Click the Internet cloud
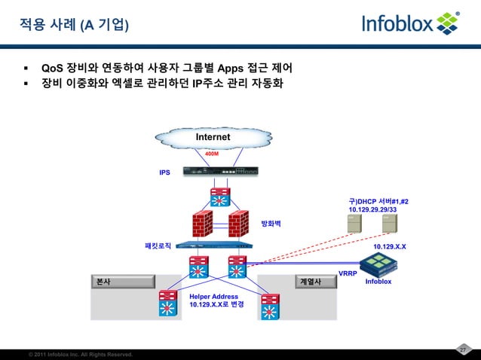click(213, 138)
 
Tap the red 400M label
click(212, 154)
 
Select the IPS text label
click(164, 172)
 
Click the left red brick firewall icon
click(202, 223)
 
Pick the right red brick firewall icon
click(238, 223)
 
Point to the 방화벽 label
click(271, 224)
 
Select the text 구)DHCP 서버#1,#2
click(378, 201)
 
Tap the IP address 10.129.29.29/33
click(372, 209)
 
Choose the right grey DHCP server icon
click(389, 224)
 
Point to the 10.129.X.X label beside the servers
click(390, 246)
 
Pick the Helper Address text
click(213, 297)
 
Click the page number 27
click(464, 349)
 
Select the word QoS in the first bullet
click(52, 66)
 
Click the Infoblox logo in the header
click(411, 23)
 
